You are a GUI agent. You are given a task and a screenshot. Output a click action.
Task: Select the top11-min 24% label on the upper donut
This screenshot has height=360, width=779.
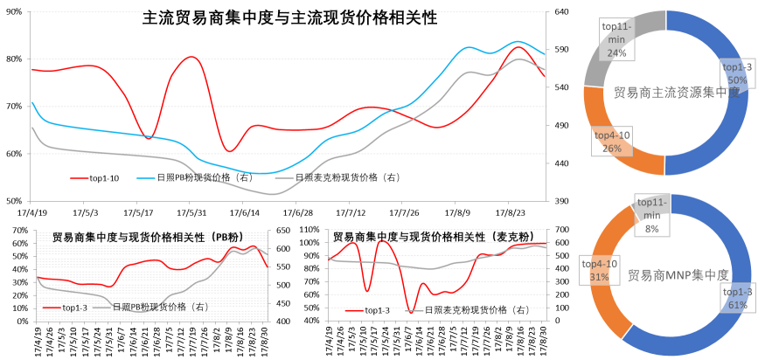pos(616,40)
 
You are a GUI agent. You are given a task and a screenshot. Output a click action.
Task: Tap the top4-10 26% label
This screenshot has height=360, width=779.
pos(612,142)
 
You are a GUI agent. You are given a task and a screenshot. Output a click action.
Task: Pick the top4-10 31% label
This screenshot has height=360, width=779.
pos(600,270)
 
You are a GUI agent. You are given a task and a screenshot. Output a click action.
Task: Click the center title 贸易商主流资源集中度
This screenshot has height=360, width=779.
pos(677,92)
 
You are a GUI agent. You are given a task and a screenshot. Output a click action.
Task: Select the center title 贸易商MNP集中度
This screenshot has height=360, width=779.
pos(678,274)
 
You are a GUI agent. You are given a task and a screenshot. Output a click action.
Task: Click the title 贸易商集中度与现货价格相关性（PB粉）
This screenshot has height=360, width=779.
pos(146,237)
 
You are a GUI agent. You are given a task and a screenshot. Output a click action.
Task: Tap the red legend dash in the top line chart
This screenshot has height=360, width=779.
pos(80,177)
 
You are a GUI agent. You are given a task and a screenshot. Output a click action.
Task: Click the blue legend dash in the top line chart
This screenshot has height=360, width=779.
pos(146,177)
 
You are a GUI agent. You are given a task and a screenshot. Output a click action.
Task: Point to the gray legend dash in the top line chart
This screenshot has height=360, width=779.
pos(284,177)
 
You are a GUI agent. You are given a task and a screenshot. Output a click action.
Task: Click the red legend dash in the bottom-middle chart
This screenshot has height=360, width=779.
pos(354,309)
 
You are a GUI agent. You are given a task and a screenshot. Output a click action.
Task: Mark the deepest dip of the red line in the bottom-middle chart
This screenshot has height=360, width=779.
pos(409,310)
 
